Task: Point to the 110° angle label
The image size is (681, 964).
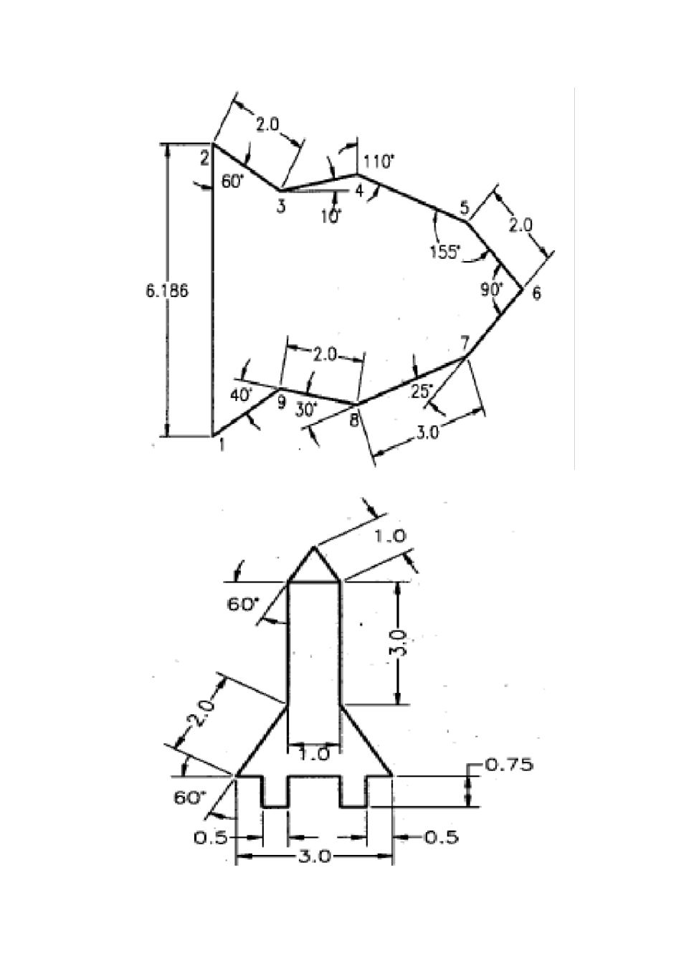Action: pyautogui.click(x=378, y=162)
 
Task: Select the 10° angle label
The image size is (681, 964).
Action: pyautogui.click(x=330, y=217)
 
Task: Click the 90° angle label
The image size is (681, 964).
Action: pyautogui.click(x=492, y=289)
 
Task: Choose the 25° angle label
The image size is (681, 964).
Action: pyautogui.click(x=422, y=391)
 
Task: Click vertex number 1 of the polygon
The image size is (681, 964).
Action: pyautogui.click(x=214, y=436)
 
